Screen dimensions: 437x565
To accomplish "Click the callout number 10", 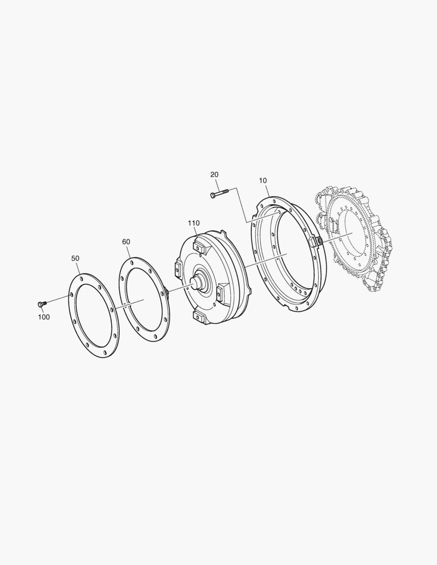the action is pos(263,180).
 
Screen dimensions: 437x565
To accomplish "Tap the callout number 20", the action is pos(214,174).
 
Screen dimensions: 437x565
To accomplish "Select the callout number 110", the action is pos(194,223).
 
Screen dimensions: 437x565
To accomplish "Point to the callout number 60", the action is pos(126,242).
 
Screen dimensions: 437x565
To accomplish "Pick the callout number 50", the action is pos(75,258).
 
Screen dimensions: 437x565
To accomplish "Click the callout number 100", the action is pos(44,317).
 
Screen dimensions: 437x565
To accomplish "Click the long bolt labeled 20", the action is pos(219,193).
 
